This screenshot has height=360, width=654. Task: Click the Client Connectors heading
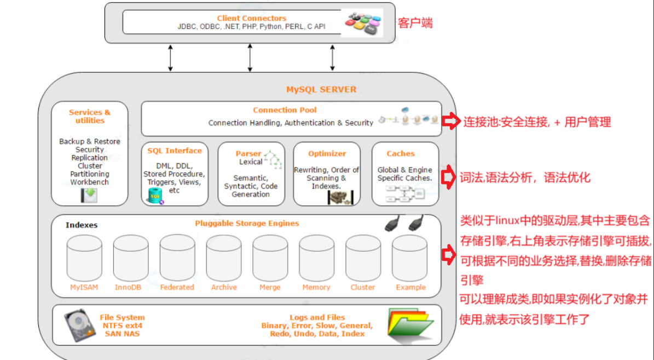click(251, 18)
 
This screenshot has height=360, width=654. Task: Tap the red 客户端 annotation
click(415, 23)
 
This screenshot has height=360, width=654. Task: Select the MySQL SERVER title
click(321, 89)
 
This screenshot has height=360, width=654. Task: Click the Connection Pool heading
click(285, 110)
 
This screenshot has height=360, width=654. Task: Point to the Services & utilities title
click(90, 117)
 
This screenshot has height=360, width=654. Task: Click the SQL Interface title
click(175, 150)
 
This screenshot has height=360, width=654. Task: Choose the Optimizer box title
click(327, 154)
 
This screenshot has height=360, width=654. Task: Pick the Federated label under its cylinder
click(177, 287)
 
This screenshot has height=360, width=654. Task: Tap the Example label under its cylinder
click(410, 287)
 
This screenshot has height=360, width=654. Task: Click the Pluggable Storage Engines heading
click(247, 223)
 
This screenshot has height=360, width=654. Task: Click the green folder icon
click(410, 325)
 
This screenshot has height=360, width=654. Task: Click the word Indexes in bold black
click(82, 225)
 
